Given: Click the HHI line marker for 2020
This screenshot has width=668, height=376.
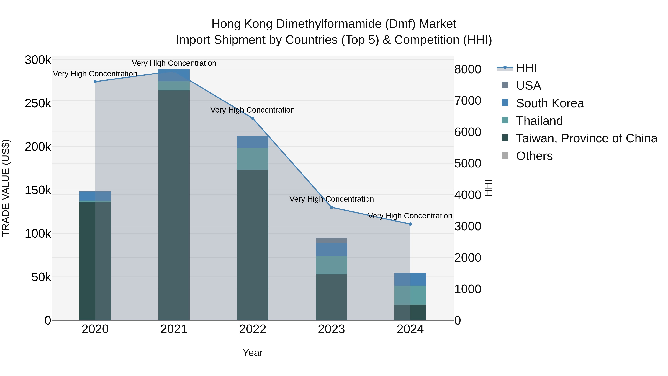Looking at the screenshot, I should [95, 82].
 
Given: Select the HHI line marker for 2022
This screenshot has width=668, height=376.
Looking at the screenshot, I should [253, 118].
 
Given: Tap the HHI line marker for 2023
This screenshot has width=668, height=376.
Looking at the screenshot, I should [331, 207].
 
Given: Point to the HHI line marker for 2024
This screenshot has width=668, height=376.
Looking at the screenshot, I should [410, 224].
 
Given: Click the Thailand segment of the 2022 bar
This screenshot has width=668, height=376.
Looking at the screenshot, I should [253, 159].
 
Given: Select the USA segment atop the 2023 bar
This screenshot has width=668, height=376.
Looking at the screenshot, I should [331, 240].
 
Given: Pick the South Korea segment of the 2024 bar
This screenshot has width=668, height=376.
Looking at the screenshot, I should [410, 279].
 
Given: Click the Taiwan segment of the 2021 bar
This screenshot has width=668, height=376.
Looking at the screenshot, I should [174, 205].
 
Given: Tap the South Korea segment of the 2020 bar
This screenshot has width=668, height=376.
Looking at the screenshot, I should [95, 196].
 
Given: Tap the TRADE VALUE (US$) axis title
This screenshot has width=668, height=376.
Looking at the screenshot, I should [6, 188].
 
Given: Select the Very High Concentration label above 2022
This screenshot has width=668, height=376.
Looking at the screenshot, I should [253, 110].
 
